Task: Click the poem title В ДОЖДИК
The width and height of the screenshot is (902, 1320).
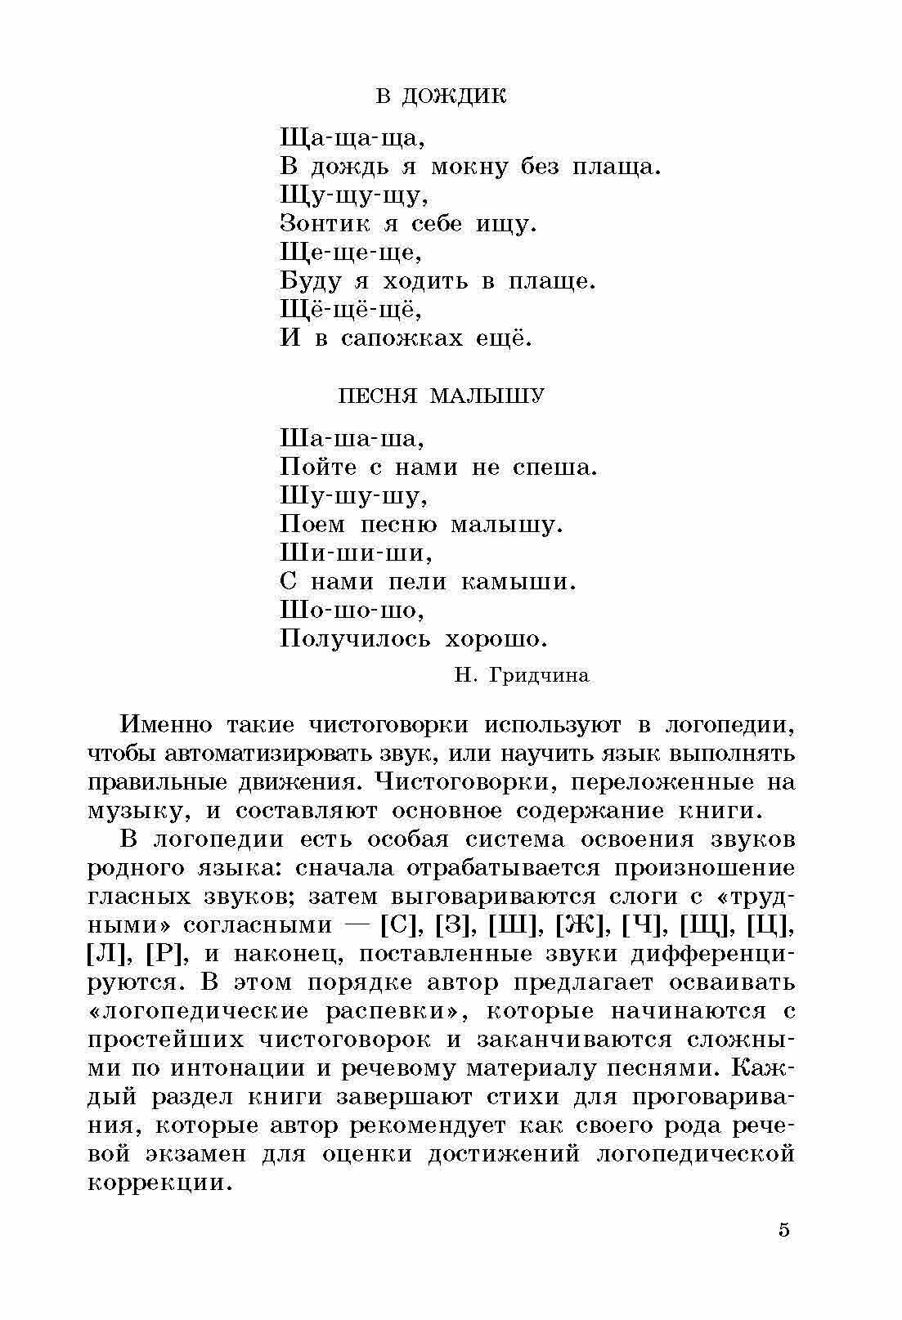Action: [441, 96]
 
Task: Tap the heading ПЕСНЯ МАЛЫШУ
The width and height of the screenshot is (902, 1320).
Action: [441, 397]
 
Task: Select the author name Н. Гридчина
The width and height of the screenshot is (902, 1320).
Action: [521, 675]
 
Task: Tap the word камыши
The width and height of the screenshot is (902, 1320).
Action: [518, 581]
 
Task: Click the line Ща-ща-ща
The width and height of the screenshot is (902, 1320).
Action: [352, 137]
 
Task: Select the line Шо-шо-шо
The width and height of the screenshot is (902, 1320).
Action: [352, 610]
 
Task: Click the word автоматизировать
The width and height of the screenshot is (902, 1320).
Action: [250, 753]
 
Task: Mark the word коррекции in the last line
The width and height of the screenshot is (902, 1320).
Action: [156, 1183]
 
